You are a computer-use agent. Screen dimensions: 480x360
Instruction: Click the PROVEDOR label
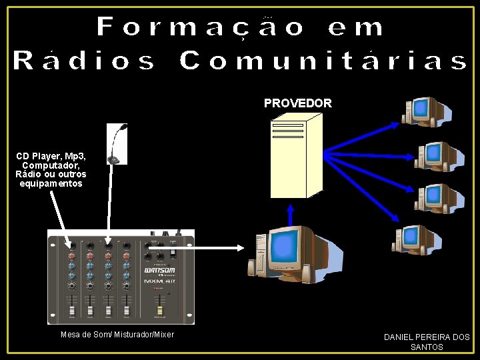click(x=297, y=103)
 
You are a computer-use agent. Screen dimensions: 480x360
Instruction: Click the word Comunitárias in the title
click(x=323, y=61)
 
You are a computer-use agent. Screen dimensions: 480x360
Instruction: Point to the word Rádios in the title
click(x=84, y=61)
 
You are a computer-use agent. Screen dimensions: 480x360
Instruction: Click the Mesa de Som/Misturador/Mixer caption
click(x=117, y=335)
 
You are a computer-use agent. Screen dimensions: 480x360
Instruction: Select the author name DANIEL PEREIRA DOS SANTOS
click(x=427, y=342)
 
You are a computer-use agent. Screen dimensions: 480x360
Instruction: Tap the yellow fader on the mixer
click(x=159, y=311)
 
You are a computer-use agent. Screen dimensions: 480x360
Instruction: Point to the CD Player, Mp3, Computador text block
click(x=51, y=170)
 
